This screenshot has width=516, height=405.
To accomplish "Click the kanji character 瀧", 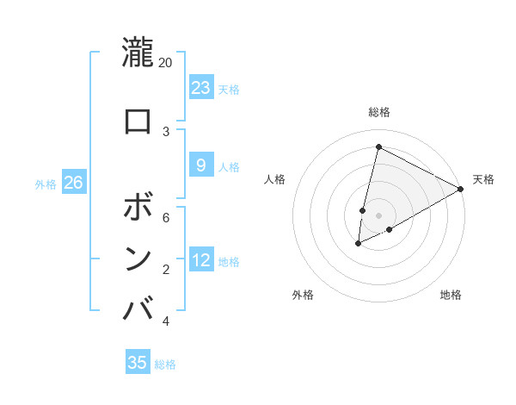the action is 138,53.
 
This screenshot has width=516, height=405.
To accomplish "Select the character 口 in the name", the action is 138,121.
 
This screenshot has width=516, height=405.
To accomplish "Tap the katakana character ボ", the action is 138,209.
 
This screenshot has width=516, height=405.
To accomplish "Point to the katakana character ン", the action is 138,259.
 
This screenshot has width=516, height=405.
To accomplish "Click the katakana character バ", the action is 138,308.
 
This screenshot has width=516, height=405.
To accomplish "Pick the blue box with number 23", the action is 200,87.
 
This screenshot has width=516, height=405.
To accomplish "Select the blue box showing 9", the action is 200,165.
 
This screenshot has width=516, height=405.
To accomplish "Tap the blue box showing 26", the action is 74,183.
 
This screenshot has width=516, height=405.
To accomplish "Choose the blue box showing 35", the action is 138,363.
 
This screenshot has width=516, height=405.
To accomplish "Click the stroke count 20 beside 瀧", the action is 166,63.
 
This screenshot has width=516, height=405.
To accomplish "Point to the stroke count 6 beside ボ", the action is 166,218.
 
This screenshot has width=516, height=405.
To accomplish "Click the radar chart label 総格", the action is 378,112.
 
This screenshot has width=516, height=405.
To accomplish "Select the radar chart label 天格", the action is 483,179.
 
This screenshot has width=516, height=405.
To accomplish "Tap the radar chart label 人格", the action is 274,179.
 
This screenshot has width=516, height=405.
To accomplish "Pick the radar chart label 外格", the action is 303,295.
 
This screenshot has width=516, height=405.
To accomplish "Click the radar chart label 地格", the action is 451,295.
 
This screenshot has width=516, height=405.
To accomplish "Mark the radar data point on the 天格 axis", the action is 461,189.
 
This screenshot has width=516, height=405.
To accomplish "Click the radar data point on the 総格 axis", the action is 378,146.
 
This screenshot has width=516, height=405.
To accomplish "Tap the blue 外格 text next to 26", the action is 46,184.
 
